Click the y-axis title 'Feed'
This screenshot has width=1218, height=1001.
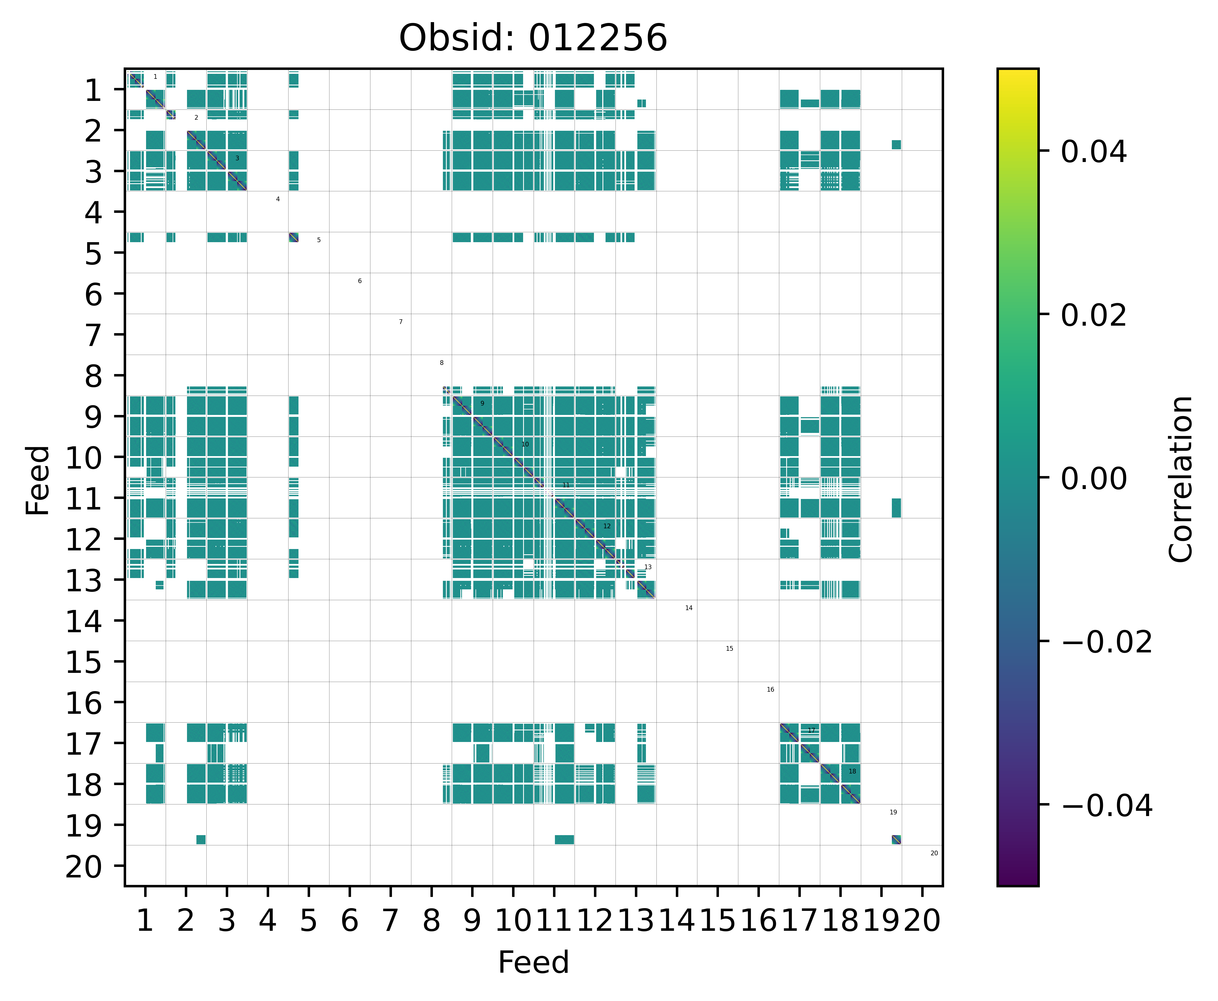click(x=38, y=480)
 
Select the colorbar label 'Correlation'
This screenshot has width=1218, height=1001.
click(x=1180, y=479)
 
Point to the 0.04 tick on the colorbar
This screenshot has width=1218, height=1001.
click(x=1093, y=152)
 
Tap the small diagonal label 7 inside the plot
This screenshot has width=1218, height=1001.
click(x=401, y=322)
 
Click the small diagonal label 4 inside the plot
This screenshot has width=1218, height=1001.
click(x=277, y=199)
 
